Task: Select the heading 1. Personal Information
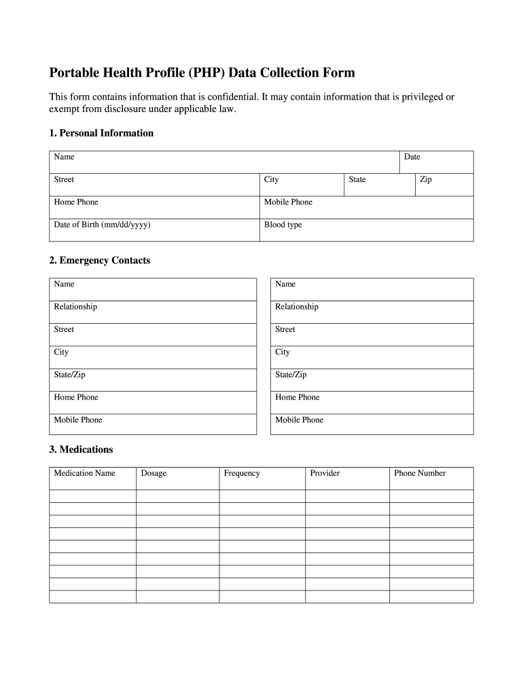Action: [x=101, y=133]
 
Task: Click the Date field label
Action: [x=412, y=157]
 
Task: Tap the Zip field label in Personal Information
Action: [x=426, y=180]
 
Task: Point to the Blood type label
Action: [x=283, y=225]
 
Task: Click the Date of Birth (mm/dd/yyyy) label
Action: [x=102, y=225]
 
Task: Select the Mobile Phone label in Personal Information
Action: [x=288, y=202]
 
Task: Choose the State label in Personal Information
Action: [x=357, y=180]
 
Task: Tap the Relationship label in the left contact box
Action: [x=75, y=307]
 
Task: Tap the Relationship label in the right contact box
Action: [x=296, y=307]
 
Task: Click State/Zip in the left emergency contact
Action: [x=69, y=375]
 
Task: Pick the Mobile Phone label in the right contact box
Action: [x=299, y=420]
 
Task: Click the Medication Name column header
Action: [x=84, y=473]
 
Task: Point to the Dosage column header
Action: [x=154, y=473]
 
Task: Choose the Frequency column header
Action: [x=242, y=473]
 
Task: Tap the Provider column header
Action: [x=325, y=473]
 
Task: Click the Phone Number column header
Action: [x=420, y=473]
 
